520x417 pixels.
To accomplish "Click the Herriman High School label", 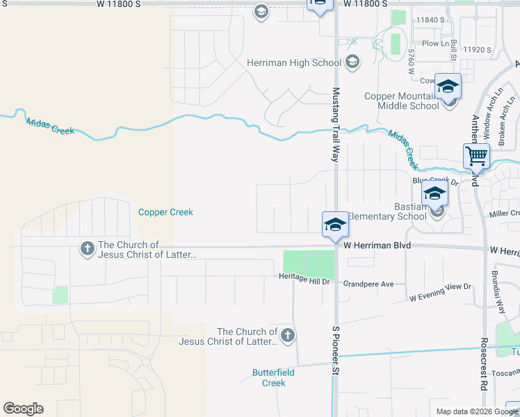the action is click(x=294, y=63).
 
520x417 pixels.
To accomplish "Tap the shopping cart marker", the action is click(x=477, y=156).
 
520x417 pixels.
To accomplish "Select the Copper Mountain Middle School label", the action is click(x=408, y=101).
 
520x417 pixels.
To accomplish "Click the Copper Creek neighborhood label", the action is click(x=165, y=212).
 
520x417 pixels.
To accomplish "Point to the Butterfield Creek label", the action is click(x=274, y=378).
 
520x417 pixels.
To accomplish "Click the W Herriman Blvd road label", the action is click(x=377, y=246).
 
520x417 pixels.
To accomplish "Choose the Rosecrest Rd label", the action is click(x=482, y=363).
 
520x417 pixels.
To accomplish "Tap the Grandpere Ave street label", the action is click(x=368, y=284).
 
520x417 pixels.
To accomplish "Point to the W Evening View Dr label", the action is click(x=440, y=292).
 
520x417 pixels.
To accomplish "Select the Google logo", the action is click(x=23, y=409).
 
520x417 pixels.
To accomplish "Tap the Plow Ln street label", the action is click(x=435, y=44).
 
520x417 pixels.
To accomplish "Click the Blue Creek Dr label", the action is click(x=436, y=181).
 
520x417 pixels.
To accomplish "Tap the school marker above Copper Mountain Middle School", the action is click(x=448, y=86).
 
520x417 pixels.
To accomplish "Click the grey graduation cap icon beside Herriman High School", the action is click(x=352, y=63).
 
